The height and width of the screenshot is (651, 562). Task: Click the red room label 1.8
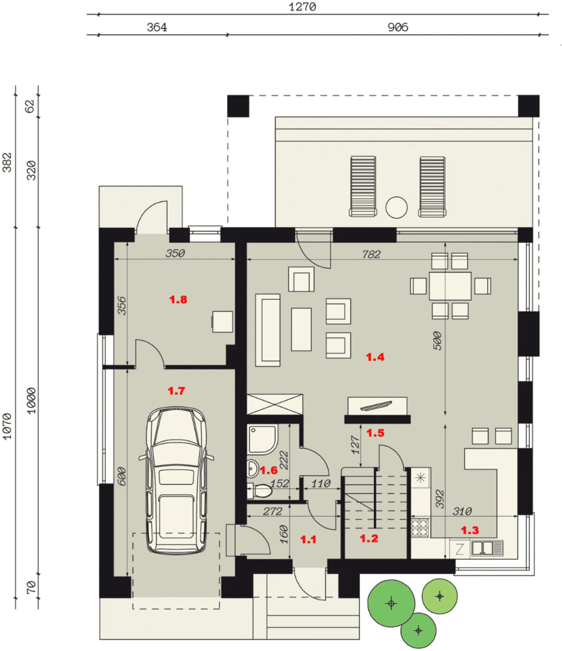(178, 300)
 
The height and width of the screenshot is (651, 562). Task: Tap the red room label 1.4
(375, 357)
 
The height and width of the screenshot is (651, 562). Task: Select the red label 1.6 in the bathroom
(268, 470)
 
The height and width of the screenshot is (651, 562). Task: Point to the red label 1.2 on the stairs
(369, 538)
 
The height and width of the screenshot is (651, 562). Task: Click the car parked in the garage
(176, 481)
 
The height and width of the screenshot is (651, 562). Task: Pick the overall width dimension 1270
(303, 7)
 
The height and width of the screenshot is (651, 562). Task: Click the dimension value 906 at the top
(398, 27)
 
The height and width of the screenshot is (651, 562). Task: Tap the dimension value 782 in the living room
(371, 254)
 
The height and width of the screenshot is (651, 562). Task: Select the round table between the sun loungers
(396, 207)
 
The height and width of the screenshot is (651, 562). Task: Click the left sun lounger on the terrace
(363, 186)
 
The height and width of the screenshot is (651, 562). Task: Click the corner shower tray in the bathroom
(262, 440)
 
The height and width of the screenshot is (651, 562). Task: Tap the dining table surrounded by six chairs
(450, 286)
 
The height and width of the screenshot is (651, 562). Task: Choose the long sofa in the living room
(268, 330)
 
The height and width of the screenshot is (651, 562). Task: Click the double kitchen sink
(487, 548)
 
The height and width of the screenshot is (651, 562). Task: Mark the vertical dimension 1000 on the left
(32, 400)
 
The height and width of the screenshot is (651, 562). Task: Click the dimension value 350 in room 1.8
(175, 253)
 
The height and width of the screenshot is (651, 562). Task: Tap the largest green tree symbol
(391, 603)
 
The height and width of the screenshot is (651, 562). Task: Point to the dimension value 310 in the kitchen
(462, 511)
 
